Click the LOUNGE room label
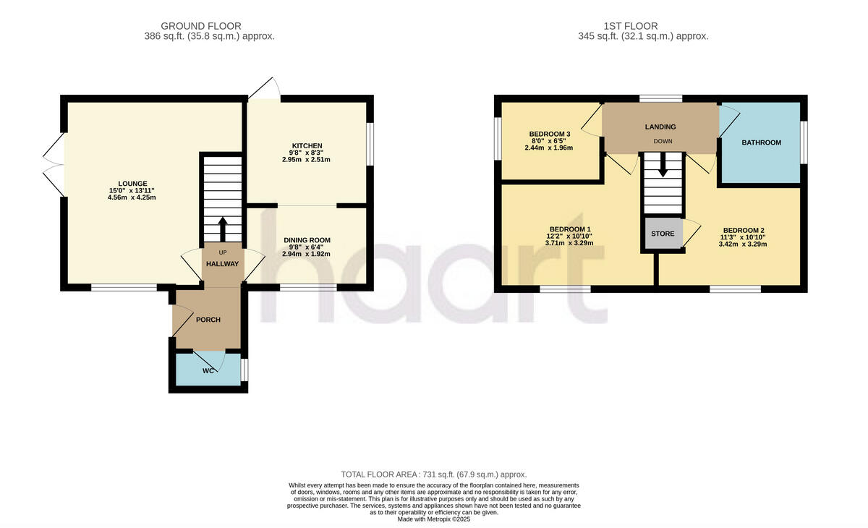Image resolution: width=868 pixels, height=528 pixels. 133,183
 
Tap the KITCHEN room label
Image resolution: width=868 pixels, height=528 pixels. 307,145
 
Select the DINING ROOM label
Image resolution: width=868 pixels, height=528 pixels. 307,240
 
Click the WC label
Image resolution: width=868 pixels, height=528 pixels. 208,371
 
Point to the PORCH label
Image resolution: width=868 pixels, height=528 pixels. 208,320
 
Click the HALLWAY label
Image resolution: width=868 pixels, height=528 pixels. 222,264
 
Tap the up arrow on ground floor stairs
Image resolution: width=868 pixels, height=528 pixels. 222,227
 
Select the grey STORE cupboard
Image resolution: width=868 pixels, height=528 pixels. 663,234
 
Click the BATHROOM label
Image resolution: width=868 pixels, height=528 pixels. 761,142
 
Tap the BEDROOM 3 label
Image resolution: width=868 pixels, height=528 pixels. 550,134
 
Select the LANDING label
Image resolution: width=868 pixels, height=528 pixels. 660,127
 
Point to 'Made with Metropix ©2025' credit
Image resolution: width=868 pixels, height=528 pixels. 434,519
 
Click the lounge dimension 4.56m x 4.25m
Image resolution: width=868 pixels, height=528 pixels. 133,197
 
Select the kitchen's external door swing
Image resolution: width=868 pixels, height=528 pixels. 265,89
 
